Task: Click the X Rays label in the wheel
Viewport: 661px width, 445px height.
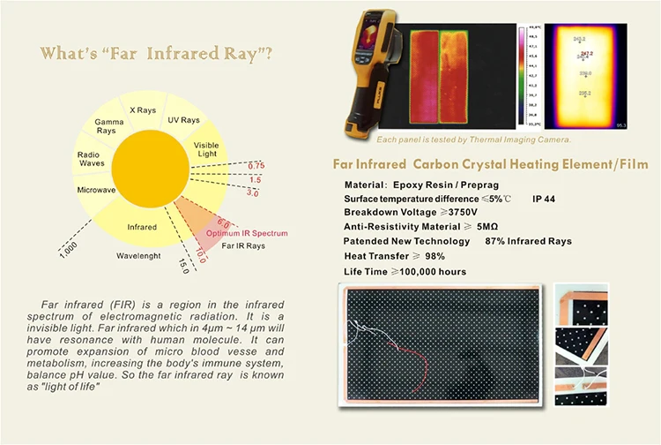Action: (144, 110)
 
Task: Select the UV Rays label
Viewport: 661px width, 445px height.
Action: (183, 120)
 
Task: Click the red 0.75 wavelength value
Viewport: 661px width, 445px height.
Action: (256, 165)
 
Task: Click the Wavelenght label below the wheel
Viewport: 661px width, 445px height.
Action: (142, 256)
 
